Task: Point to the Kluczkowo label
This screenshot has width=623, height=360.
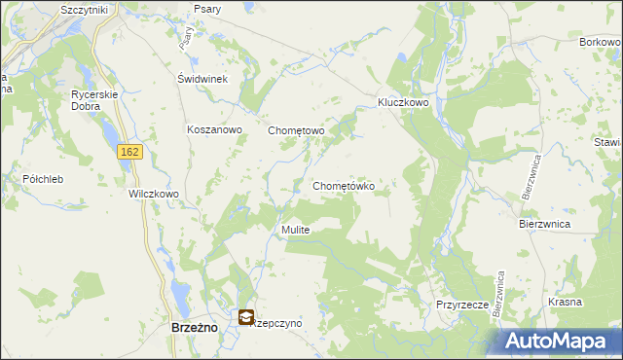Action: (x=404, y=101)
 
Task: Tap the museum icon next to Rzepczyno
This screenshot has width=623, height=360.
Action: (x=246, y=317)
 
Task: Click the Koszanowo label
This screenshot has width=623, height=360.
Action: (x=213, y=129)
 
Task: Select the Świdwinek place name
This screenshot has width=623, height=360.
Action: (x=202, y=80)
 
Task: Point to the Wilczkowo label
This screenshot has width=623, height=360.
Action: (x=154, y=194)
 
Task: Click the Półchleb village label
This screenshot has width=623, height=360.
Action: (x=43, y=179)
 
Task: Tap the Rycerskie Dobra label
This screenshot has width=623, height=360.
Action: (x=94, y=99)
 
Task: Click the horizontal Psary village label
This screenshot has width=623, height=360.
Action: (x=206, y=9)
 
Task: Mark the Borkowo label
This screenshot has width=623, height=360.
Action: (x=601, y=43)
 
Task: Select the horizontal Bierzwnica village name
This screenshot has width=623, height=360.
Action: (x=544, y=223)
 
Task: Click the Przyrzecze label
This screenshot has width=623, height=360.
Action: (x=461, y=304)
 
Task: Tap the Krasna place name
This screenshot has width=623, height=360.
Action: (x=565, y=303)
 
